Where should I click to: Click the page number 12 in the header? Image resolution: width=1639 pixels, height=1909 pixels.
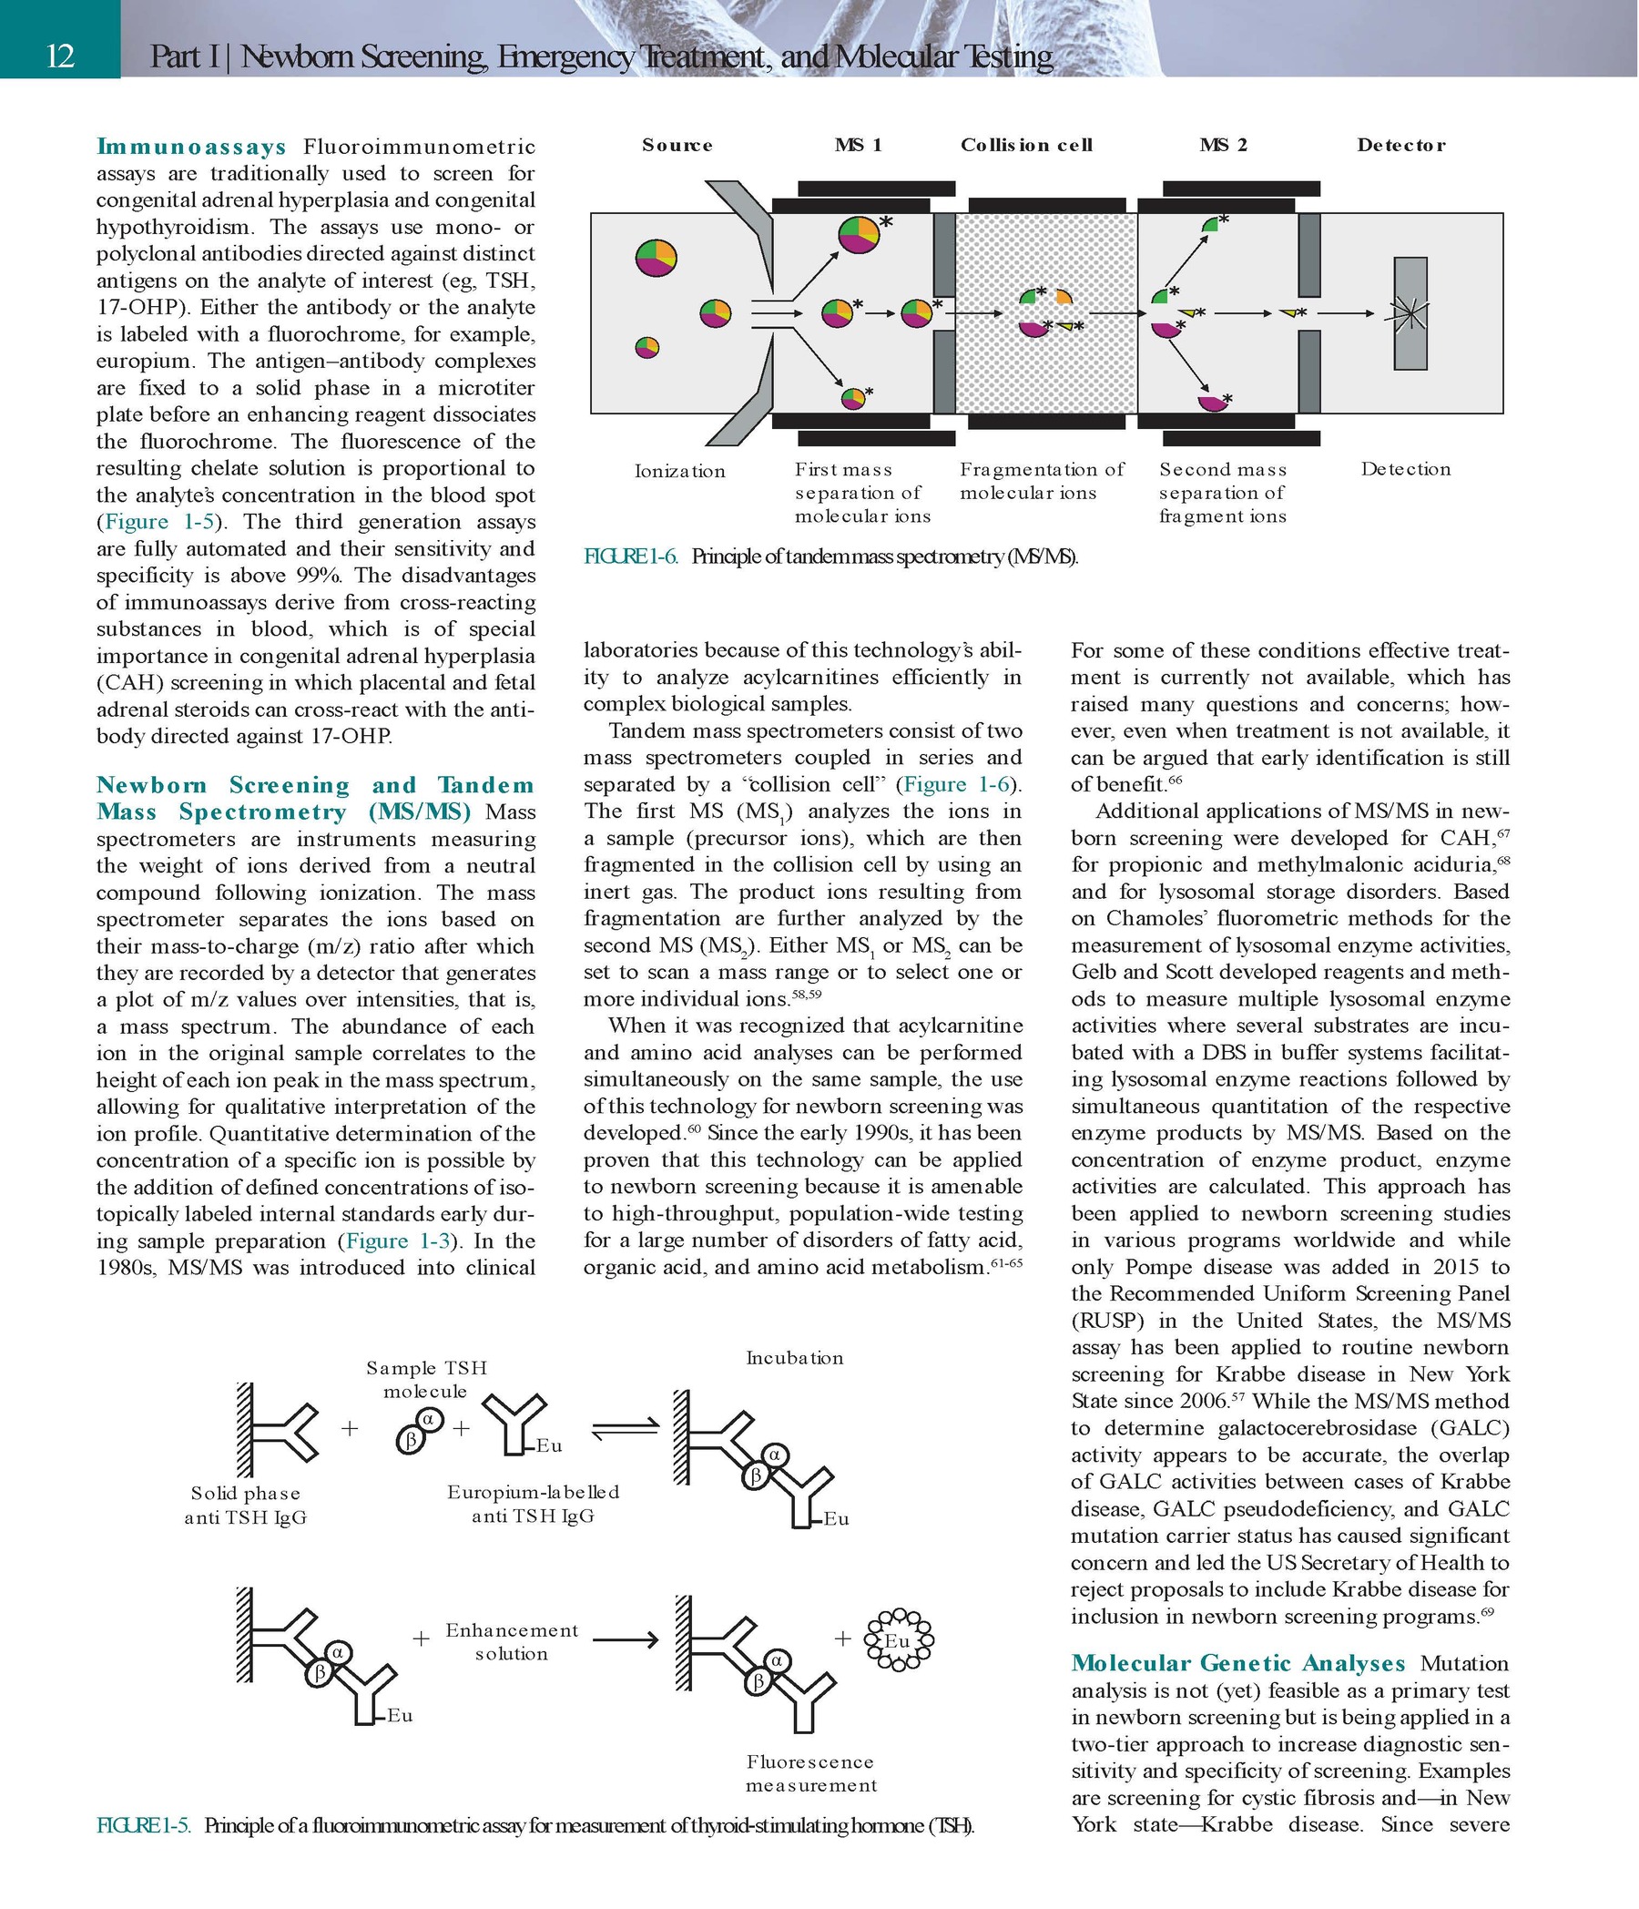(60, 56)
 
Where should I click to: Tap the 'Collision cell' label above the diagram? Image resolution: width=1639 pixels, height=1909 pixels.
(1025, 145)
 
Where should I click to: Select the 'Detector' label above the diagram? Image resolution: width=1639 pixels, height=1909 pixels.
(1400, 145)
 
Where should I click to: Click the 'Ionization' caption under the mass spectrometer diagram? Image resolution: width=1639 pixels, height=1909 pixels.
(679, 471)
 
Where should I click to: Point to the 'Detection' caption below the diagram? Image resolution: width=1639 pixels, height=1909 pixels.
(1405, 469)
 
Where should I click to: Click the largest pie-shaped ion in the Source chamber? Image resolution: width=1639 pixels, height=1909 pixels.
(656, 257)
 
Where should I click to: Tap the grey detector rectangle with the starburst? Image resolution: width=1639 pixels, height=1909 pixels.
(1410, 313)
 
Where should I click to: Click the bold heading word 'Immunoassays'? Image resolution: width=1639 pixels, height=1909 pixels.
(191, 147)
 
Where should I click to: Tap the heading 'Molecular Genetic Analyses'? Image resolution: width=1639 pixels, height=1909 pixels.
(1237, 1663)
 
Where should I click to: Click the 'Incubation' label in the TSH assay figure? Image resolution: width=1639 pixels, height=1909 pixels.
(794, 1358)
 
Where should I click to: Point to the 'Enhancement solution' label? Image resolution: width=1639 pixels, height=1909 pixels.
(512, 1641)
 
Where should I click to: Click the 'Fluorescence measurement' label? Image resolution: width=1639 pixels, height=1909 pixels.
(810, 1772)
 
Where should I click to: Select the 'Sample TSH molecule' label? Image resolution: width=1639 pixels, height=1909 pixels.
(425, 1379)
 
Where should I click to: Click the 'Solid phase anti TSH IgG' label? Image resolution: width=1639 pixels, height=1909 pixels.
(245, 1505)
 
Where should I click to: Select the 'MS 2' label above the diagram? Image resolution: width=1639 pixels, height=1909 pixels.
(1223, 145)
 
